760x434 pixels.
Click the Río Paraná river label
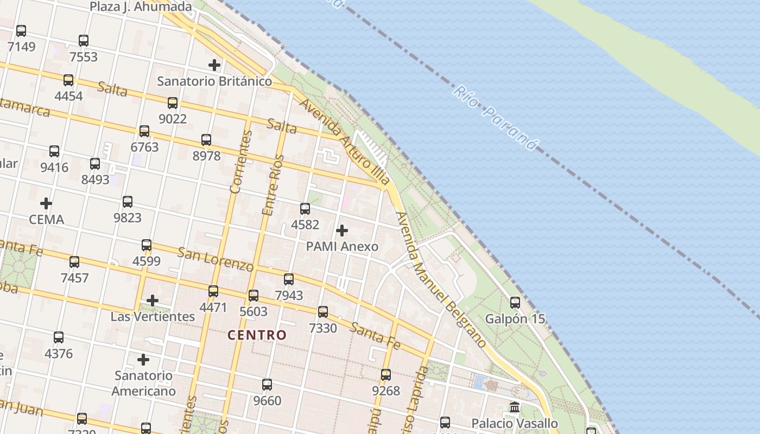[496, 118]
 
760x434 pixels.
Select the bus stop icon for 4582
[305, 209]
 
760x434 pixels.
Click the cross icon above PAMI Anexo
[342, 231]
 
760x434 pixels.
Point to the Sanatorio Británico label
[214, 81]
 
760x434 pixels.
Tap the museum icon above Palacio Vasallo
[515, 407]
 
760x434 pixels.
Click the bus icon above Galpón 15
[515, 303]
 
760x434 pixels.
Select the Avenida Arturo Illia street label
[345, 142]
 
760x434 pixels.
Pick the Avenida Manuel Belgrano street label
[441, 280]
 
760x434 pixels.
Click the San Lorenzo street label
[216, 259]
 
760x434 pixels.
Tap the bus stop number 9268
[386, 391]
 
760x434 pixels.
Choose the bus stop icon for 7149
[21, 31]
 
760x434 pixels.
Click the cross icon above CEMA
[46, 204]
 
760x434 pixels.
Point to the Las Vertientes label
[153, 316]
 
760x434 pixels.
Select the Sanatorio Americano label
[144, 383]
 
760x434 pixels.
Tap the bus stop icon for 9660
[267, 385]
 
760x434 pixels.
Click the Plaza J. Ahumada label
[141, 7]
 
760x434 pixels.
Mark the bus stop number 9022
[173, 118]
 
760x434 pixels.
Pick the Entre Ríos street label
[273, 185]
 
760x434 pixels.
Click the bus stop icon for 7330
[323, 312]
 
